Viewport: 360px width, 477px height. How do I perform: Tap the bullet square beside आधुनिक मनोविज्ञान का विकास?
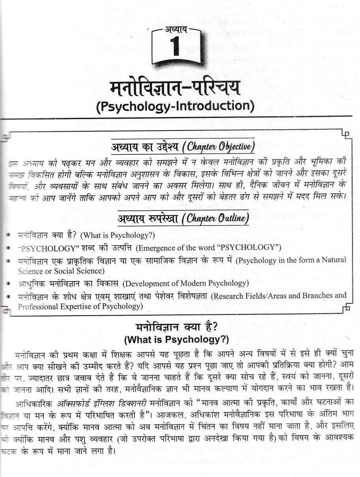pos(8,284)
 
